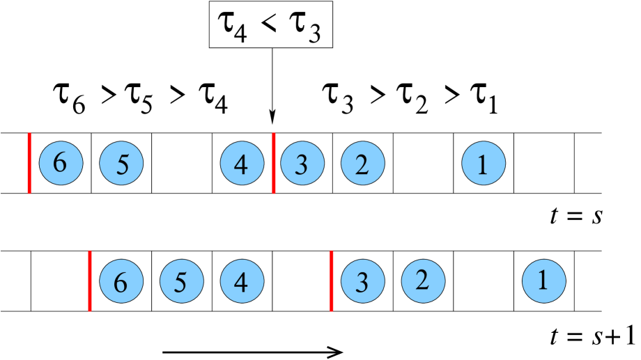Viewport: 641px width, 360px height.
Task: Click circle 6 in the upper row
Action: tap(61, 163)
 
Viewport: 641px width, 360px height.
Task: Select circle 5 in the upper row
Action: tap(121, 163)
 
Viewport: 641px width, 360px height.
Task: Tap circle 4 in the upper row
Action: tap(242, 163)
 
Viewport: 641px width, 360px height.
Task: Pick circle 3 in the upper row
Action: tap(302, 163)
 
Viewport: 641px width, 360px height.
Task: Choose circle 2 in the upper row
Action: tap(362, 163)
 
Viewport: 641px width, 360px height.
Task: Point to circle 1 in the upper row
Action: tap(484, 163)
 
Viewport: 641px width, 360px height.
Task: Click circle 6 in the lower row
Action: tap(121, 281)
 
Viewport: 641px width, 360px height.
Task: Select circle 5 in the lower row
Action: tap(181, 281)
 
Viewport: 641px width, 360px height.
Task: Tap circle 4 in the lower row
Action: tap(242, 281)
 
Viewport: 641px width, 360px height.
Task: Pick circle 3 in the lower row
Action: tap(362, 281)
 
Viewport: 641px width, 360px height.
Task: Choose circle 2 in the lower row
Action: tap(423, 281)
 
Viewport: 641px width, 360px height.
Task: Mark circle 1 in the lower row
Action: tap(543, 281)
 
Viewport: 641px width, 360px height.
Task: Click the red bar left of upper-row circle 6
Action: tap(29, 163)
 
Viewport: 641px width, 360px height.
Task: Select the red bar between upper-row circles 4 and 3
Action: tap(273, 163)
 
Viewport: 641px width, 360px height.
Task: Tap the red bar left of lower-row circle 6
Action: tap(90, 281)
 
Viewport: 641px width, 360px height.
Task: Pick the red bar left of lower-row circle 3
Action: tap(332, 281)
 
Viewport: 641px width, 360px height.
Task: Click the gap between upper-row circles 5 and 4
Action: tap(181, 163)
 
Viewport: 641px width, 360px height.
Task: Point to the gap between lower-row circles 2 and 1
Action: tap(484, 281)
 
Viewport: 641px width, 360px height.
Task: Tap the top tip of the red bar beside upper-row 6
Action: tap(29, 134)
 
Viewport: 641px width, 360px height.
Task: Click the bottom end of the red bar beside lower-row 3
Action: tap(332, 309)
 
